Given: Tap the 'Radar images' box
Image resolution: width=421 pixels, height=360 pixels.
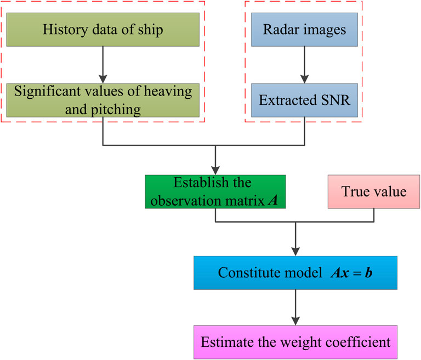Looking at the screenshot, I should (x=305, y=30).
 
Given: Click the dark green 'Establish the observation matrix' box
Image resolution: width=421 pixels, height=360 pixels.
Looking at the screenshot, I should (x=215, y=192).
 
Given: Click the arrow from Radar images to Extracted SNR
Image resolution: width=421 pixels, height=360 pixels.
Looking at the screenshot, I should (x=305, y=65).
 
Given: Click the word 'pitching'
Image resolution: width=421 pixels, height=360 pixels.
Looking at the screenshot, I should (x=116, y=110).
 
